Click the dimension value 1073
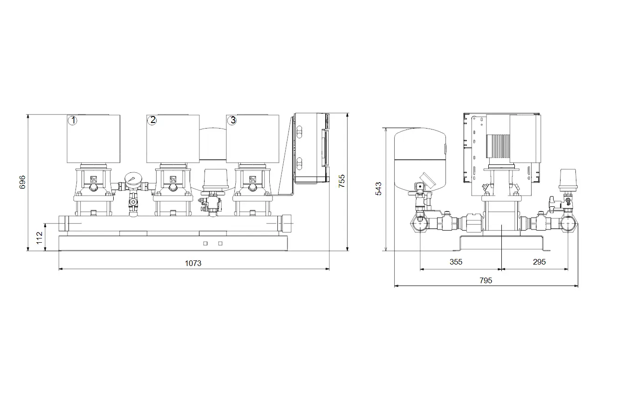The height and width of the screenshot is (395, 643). [193, 263]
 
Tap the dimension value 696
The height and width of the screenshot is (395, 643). [22, 182]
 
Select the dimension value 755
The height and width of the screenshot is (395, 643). [342, 181]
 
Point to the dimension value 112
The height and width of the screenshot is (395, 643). [39, 238]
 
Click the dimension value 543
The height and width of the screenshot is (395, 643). [379, 189]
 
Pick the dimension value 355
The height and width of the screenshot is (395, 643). [456, 262]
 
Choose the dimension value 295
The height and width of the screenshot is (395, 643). [539, 262]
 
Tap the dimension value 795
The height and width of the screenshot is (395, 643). [486, 280]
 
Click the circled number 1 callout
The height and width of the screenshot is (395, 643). [73, 120]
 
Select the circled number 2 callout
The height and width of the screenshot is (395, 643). [152, 120]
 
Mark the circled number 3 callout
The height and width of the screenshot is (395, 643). [232, 120]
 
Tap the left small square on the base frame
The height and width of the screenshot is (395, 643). [205, 244]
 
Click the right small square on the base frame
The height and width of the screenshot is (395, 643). [220, 244]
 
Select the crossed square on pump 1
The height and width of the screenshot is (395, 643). [93, 179]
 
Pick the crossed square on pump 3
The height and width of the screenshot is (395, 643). [253, 179]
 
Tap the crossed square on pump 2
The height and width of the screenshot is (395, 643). [173, 179]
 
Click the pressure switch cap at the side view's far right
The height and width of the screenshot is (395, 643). [568, 180]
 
